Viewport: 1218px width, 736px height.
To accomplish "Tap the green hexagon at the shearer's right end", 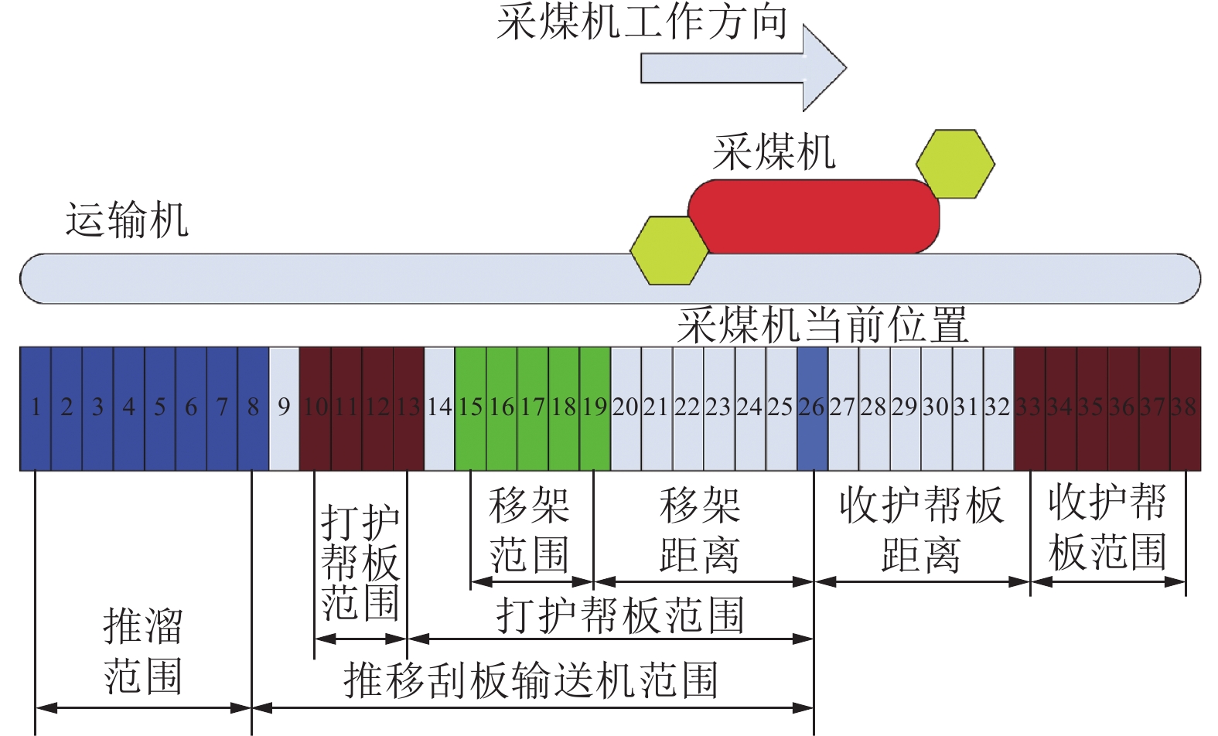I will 955,164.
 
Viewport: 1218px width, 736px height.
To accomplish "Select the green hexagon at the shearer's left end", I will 669,250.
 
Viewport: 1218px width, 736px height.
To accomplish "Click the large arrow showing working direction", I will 742,67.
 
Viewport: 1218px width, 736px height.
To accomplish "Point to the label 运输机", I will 127,220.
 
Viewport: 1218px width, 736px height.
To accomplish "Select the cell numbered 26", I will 812,407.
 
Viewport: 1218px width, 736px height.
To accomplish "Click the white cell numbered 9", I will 284,407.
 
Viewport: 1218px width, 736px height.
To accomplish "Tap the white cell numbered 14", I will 439,407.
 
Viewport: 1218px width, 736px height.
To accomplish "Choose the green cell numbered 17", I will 533,407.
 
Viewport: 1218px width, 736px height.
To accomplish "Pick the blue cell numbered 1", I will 36,407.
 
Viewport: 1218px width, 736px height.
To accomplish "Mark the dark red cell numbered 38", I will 1185,407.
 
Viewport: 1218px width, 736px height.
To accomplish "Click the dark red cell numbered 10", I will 316,407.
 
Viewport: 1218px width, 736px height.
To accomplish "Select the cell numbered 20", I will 626,407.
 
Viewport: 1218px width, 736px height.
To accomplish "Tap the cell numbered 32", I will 998,407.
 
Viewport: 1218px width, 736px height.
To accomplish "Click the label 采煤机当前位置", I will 822,325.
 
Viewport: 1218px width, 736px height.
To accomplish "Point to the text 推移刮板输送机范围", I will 531,680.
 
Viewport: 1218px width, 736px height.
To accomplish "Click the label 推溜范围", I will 143,651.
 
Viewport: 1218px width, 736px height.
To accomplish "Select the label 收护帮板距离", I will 921,530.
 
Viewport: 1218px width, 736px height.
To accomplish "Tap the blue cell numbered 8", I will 253,407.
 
